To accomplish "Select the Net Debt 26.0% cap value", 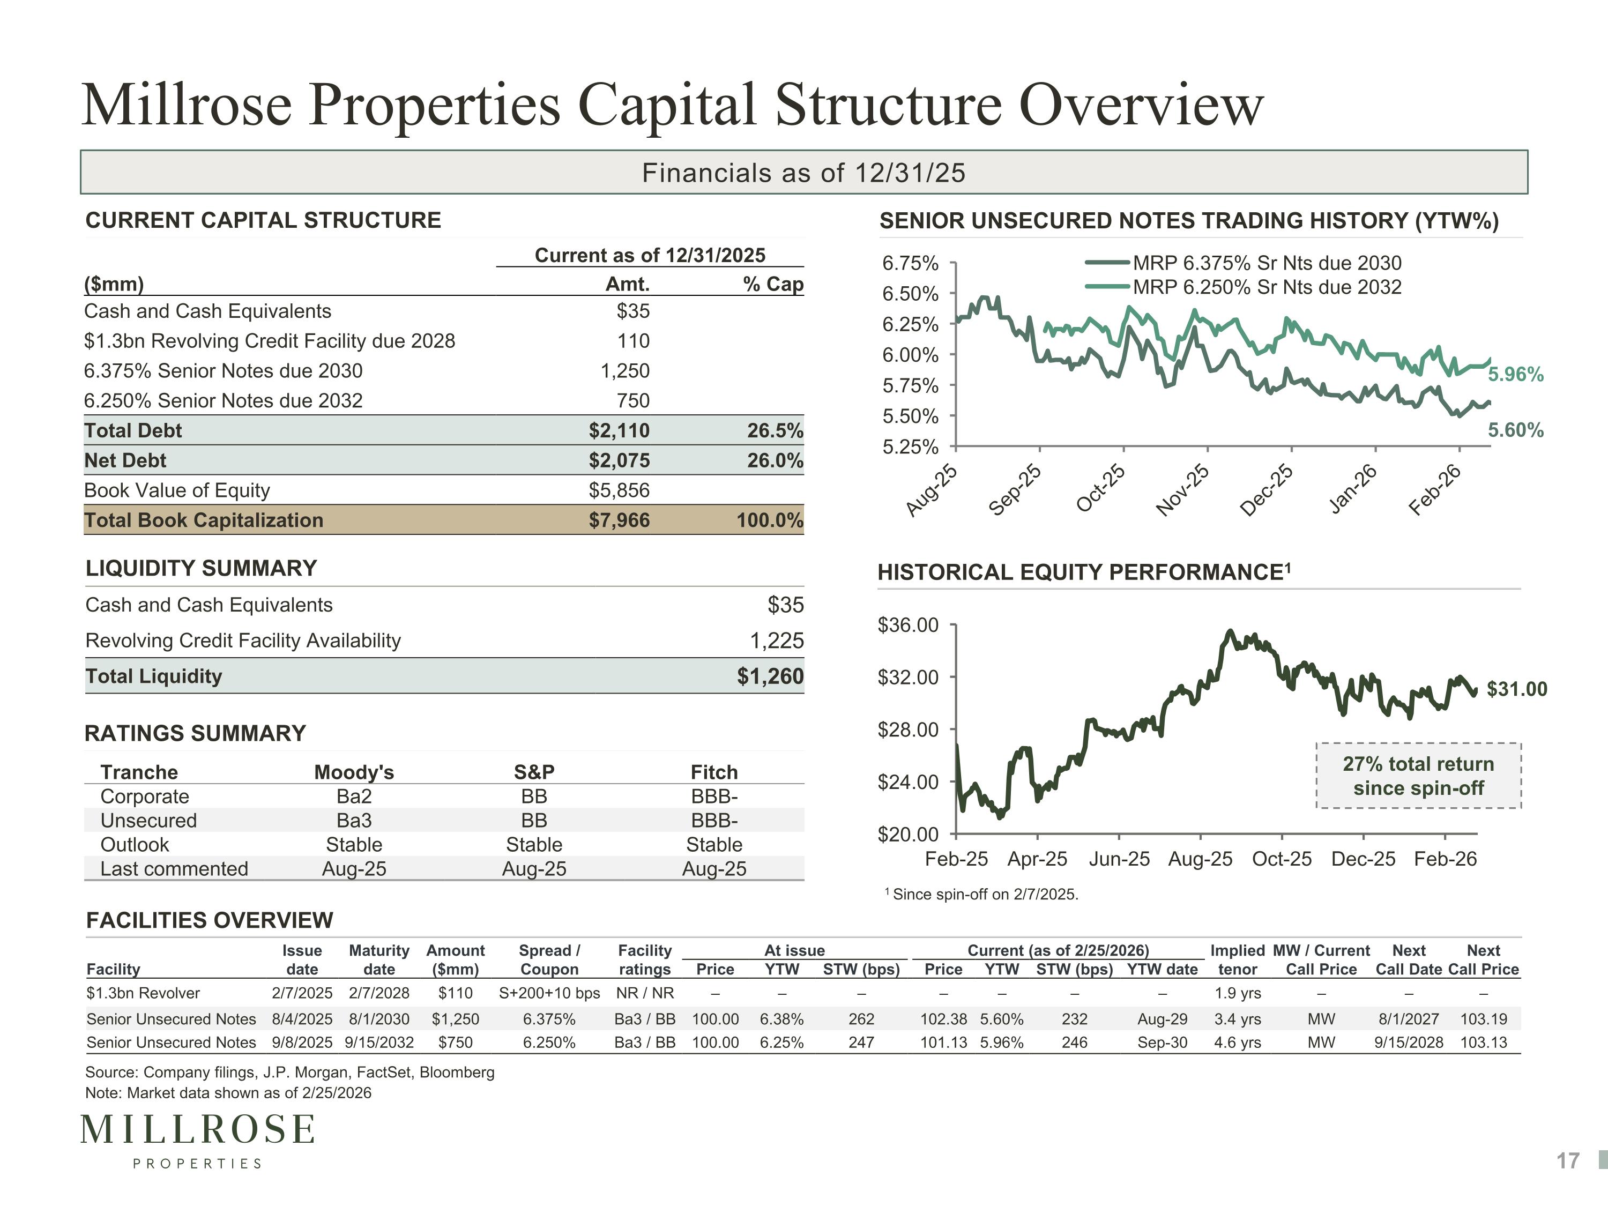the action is point(775,460).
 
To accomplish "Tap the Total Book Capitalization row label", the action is point(204,520).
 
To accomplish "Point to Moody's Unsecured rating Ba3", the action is point(354,820).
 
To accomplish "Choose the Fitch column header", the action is point(714,772).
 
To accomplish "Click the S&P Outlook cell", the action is point(534,845).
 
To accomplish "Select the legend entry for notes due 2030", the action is point(1243,263).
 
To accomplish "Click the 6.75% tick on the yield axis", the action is point(910,263).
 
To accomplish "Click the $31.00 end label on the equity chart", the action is point(1517,689).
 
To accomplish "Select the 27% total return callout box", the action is point(1418,776).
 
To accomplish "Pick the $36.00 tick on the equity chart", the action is point(908,625).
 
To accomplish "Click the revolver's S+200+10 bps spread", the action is point(549,993).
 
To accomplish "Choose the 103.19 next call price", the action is point(1484,1019).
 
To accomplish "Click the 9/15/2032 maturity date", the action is point(379,1043).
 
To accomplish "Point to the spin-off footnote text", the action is point(981,894).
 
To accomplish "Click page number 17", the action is point(1568,1161).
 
